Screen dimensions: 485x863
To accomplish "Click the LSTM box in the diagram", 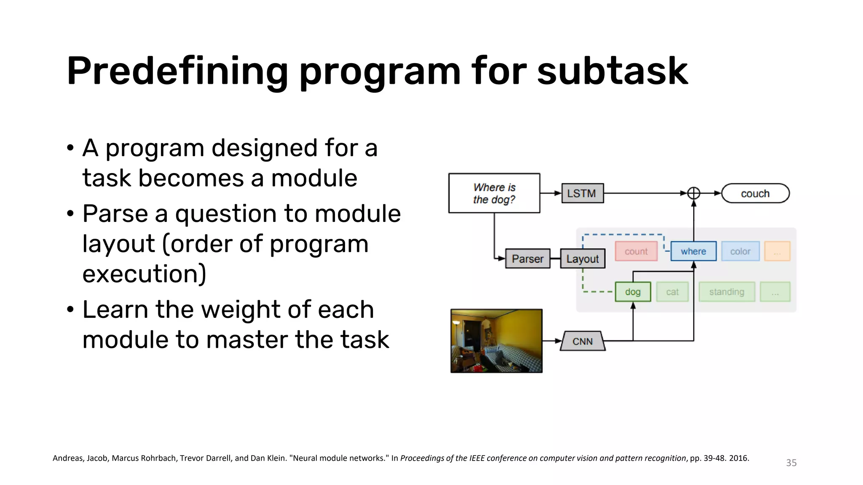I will coord(582,193).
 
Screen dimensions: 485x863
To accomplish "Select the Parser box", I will coord(528,258).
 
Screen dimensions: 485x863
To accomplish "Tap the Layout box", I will coord(582,258).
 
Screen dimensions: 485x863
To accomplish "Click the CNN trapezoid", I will coord(582,341).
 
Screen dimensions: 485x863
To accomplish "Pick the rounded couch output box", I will coord(755,193).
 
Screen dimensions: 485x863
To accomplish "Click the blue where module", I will coord(693,251).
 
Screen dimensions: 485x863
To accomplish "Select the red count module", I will coord(636,251).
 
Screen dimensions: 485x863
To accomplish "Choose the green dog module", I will coord(633,292).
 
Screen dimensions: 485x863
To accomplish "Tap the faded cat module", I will coord(672,292).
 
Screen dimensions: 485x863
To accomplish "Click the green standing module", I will coord(726,292).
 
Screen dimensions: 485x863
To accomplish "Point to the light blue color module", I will coord(740,251).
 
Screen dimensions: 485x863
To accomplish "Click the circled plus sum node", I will coord(694,193).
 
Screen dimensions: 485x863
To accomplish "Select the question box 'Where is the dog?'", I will coord(494,193).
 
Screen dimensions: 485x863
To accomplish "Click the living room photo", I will coord(496,341).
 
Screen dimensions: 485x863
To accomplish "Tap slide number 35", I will coord(791,463).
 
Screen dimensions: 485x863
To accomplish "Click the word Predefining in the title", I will coord(177,72).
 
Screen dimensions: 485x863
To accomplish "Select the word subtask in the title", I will coord(612,72).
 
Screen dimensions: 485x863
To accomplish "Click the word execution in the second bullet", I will coord(144,274).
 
